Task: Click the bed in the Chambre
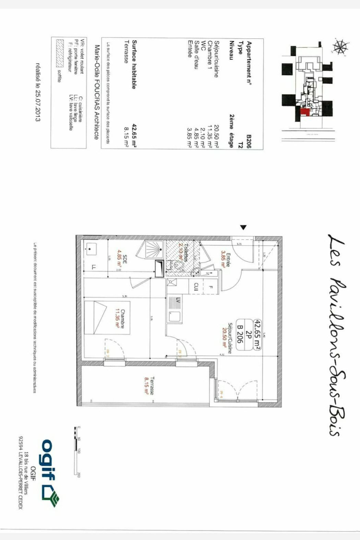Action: pos(106,317)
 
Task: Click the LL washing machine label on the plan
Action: pos(94,267)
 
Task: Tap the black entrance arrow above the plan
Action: pos(243,227)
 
